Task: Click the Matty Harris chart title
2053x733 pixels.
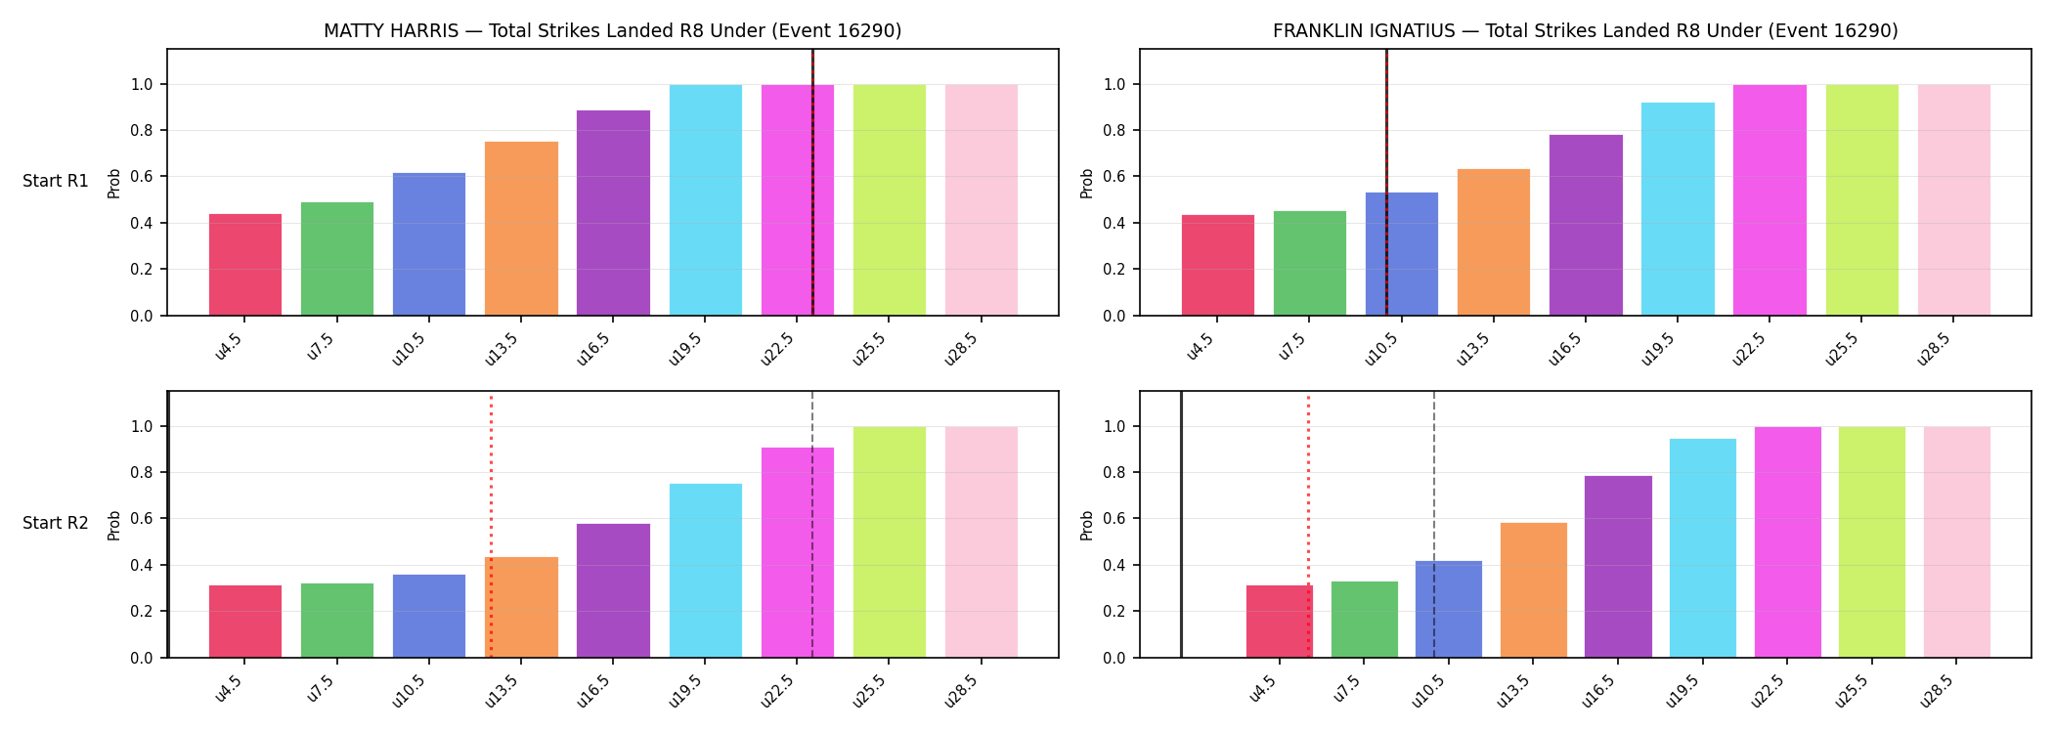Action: click(x=613, y=31)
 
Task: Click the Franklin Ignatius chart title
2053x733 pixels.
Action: click(x=1586, y=31)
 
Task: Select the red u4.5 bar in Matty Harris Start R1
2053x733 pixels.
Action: click(x=245, y=265)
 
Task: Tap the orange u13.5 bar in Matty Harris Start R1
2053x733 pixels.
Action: click(x=521, y=229)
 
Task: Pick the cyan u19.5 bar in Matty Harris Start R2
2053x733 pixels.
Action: click(x=706, y=571)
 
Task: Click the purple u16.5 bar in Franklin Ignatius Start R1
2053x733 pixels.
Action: click(x=1586, y=225)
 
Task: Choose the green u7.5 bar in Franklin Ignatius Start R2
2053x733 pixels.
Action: click(x=1365, y=620)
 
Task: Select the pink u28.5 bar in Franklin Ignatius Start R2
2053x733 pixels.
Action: click(x=1957, y=542)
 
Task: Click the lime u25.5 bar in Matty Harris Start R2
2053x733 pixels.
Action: click(x=890, y=542)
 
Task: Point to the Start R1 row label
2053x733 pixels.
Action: click(x=56, y=182)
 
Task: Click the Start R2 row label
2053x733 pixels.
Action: click(x=56, y=524)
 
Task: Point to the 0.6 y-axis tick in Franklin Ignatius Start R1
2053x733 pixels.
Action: click(x=1114, y=177)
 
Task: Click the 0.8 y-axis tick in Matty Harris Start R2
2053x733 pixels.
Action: click(x=142, y=473)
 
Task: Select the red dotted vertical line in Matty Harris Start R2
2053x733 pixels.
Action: click(x=491, y=526)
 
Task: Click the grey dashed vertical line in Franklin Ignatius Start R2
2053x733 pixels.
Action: click(x=1434, y=525)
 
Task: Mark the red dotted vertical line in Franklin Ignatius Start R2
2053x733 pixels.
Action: click(x=1308, y=526)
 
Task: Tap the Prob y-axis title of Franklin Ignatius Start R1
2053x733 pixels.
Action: click(x=1087, y=183)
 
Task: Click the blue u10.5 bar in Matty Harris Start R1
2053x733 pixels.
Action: click(x=429, y=244)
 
